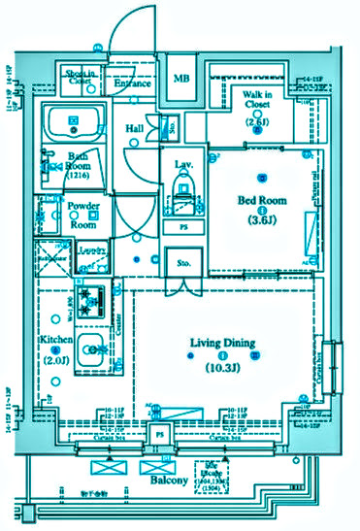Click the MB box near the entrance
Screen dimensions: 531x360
(x=181, y=79)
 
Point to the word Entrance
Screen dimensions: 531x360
(x=132, y=83)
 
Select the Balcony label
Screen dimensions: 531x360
(x=168, y=480)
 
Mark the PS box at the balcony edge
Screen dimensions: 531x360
(x=159, y=436)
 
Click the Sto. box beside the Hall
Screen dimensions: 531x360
(x=171, y=126)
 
